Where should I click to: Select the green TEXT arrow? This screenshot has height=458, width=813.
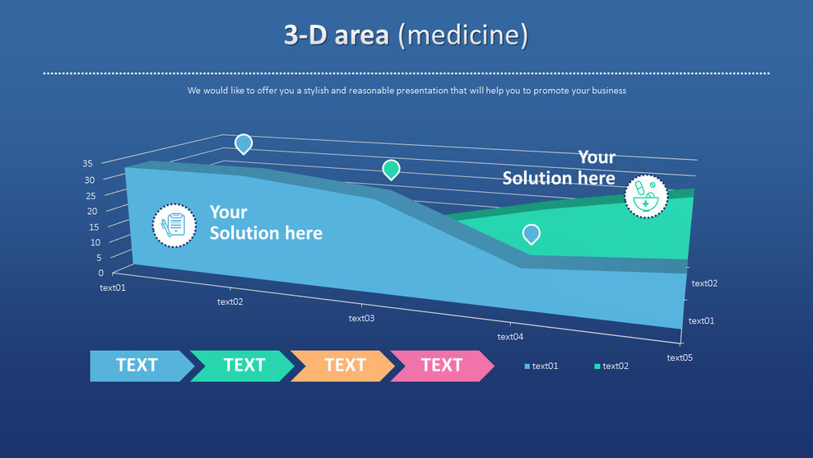[242, 366]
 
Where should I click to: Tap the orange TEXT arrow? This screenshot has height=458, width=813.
[342, 366]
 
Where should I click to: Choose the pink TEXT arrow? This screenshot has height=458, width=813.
[442, 366]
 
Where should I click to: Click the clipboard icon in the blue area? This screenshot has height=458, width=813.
[174, 226]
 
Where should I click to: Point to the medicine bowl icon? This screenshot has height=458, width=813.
[646, 197]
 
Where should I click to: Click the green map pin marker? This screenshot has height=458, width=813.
[391, 170]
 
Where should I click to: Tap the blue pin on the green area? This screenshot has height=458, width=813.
[531, 234]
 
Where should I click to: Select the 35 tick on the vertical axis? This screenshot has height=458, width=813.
[87, 164]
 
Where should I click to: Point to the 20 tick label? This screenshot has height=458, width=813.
[92, 212]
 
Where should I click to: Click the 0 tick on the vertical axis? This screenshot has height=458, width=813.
[100, 273]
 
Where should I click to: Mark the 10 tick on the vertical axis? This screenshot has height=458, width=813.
[95, 242]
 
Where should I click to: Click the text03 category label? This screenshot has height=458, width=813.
[361, 318]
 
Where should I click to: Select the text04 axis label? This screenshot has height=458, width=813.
[510, 337]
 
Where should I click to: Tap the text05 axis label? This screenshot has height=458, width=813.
[680, 358]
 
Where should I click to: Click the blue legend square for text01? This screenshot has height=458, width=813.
[527, 367]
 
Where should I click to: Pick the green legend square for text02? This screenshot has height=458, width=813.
[597, 367]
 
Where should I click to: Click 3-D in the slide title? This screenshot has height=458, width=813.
[305, 35]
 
